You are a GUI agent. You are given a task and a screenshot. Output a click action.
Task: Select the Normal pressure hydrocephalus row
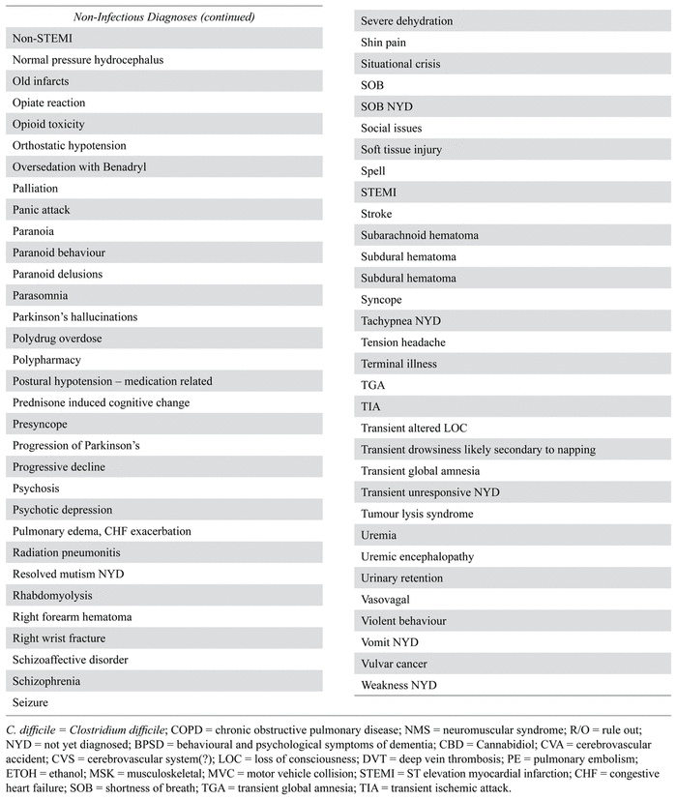88,60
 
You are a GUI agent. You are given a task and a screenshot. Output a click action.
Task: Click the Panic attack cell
42,210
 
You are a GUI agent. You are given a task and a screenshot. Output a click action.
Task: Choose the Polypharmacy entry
47,360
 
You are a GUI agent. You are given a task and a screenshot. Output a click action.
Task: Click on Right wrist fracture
59,638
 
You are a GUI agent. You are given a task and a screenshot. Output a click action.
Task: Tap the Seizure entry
30,702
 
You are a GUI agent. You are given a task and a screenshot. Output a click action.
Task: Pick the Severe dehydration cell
406,21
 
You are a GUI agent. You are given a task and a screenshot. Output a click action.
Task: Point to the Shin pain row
383,43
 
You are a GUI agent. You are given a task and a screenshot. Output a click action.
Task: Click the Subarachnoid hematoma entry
419,235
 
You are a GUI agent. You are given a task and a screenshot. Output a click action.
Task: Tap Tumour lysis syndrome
417,514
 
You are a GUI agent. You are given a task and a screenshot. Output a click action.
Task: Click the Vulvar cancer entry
394,664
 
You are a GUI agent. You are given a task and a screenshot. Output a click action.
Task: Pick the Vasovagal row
387,600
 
